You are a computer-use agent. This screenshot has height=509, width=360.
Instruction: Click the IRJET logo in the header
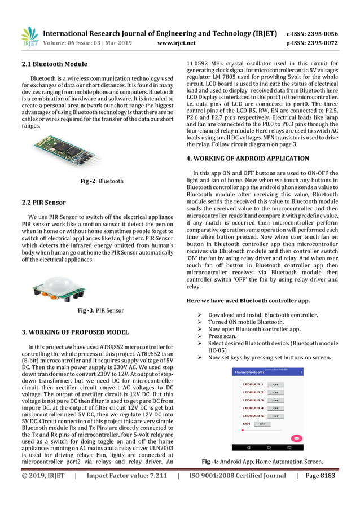(30, 37)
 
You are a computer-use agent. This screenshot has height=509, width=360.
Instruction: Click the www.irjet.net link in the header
(177, 42)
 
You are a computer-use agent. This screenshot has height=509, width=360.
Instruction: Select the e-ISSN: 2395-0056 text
(312, 33)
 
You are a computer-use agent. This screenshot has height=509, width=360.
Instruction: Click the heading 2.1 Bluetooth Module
(54, 64)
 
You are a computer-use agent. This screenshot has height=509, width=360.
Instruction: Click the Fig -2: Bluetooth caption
(102, 181)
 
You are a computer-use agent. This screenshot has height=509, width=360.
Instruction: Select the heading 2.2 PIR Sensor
(43, 203)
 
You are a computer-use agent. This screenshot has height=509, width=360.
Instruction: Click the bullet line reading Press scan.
(222, 336)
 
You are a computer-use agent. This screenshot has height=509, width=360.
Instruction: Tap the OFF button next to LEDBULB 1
(275, 384)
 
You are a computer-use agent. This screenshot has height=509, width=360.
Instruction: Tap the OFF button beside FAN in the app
(262, 423)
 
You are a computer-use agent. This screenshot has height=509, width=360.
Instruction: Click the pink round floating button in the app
(296, 438)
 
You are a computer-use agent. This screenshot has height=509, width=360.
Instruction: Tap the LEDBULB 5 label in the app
(253, 415)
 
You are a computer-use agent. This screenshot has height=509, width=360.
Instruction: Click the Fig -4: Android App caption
(262, 462)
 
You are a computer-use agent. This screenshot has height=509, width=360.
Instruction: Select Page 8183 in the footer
(320, 476)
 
